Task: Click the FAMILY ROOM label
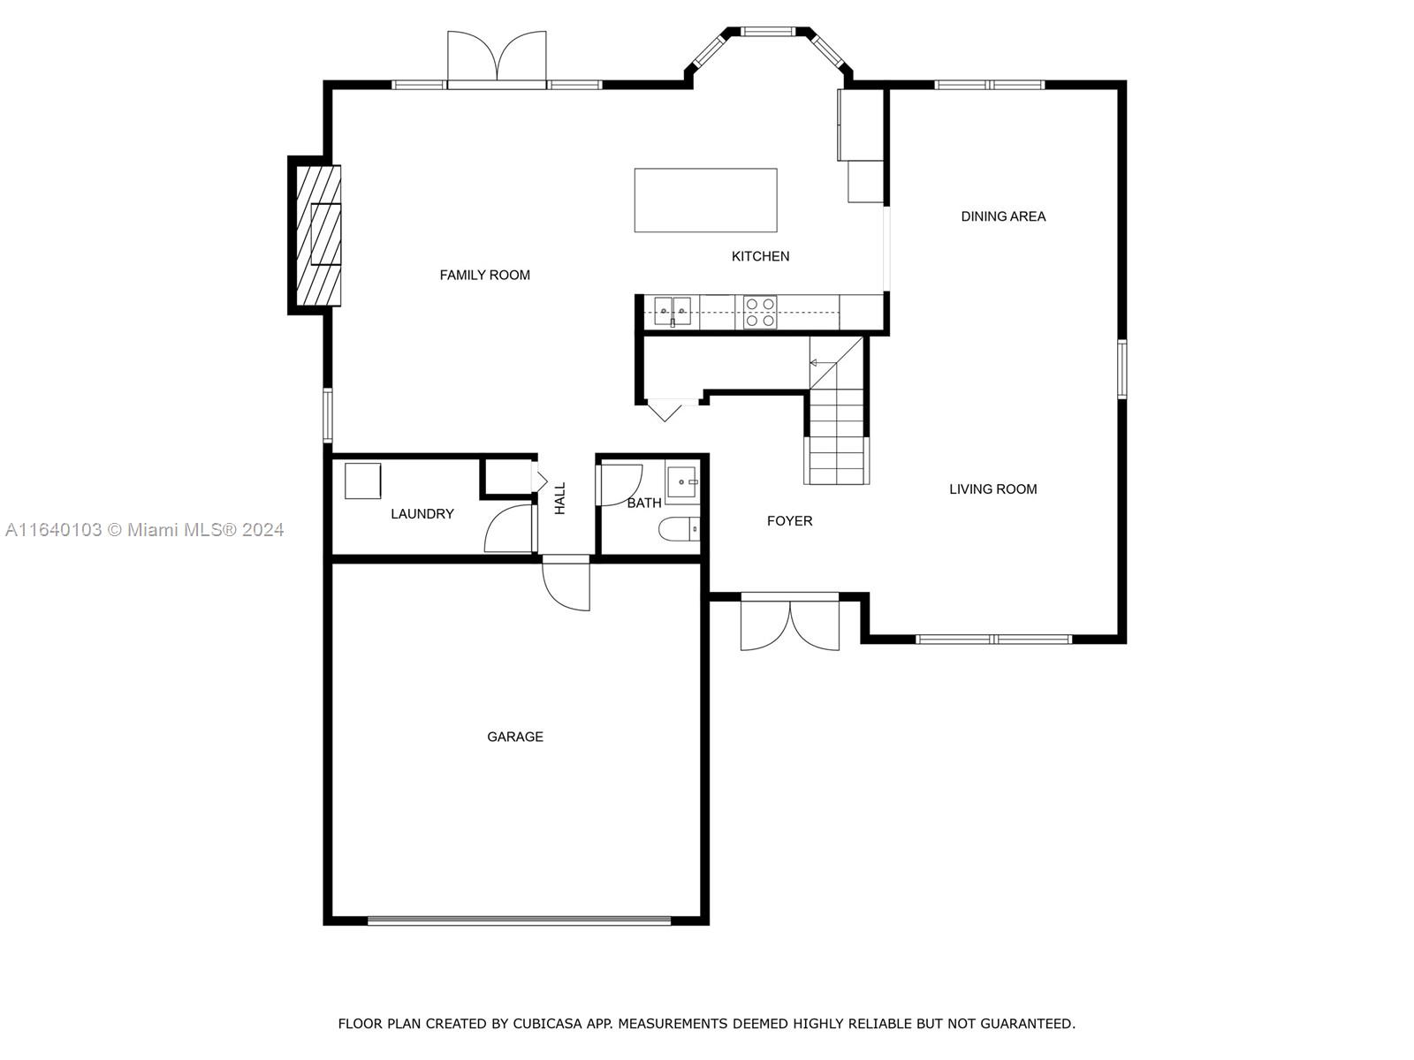pos(484,276)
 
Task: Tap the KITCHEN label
pos(760,256)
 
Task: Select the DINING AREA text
pos(1003,217)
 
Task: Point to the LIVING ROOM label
pos(992,489)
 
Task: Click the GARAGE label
pos(514,737)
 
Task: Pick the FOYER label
pos(789,521)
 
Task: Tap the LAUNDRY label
pos(422,514)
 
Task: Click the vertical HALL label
pos(559,499)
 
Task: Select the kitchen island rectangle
pos(705,201)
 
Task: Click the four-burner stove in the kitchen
pos(759,312)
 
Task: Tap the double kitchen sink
pos(672,312)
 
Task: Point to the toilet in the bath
pos(679,530)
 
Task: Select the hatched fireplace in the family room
pos(318,235)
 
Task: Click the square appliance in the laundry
pos(362,481)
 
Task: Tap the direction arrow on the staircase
pos(823,363)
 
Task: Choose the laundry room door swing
pos(509,528)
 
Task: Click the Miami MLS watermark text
pos(144,530)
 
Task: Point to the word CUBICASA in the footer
pos(548,1024)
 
